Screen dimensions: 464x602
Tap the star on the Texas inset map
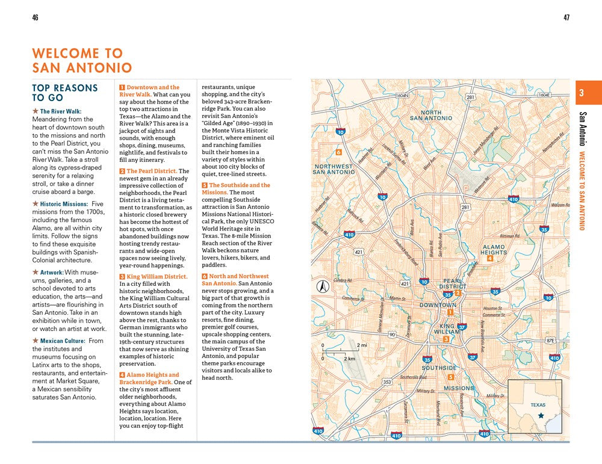tap(541, 415)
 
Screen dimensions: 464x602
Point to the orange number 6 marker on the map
tap(339, 152)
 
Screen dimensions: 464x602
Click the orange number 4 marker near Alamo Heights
tap(490, 258)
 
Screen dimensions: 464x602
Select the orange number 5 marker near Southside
tap(450, 377)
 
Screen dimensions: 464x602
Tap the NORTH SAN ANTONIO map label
tap(431, 116)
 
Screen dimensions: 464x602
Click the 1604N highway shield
tap(402, 95)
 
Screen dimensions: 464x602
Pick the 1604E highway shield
tap(544, 94)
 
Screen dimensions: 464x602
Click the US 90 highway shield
tap(392, 335)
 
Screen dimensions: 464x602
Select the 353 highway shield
tap(387, 382)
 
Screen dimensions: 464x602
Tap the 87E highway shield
tap(550, 340)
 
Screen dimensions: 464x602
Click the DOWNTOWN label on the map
tap(438, 305)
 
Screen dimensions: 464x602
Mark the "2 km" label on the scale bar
tap(349, 358)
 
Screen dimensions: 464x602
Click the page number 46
tap(35, 17)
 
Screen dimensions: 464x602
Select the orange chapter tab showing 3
tap(582, 93)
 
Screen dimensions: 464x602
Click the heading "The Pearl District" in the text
tap(151, 171)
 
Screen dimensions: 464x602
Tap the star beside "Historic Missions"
tap(36, 204)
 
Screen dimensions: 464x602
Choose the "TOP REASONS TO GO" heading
tap(64, 93)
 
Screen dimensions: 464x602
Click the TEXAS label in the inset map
tap(538, 405)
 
